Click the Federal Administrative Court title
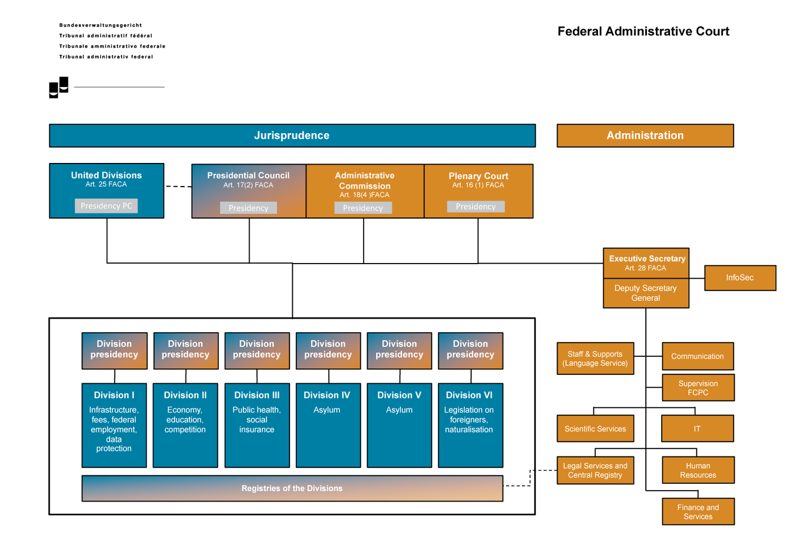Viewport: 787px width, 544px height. point(643,31)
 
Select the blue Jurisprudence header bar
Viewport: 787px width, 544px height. point(292,135)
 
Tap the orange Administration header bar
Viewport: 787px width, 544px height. point(645,135)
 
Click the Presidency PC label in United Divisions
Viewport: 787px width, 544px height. point(106,206)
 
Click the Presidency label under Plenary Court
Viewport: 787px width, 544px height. point(476,207)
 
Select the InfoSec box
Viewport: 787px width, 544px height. point(740,278)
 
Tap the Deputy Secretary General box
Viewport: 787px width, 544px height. point(645,293)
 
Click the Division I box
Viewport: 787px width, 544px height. point(114,425)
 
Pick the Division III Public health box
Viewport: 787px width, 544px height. point(257,425)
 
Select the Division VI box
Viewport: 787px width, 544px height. point(470,425)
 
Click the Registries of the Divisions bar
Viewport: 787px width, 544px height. point(292,488)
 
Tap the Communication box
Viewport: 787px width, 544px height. point(697,356)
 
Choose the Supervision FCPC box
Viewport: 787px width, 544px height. point(698,388)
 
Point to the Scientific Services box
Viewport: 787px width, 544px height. point(595,429)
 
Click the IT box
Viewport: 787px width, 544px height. point(697,429)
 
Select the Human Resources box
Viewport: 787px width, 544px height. point(698,470)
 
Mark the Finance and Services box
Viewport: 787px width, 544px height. point(698,512)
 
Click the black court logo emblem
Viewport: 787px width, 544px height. point(58,88)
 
